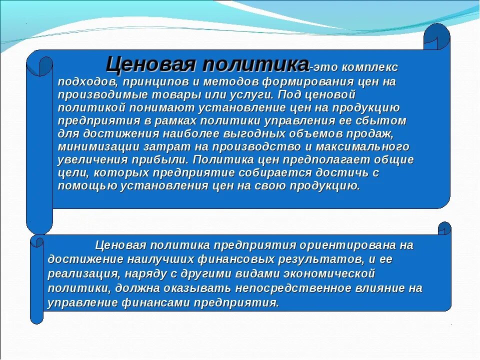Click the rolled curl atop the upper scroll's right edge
[x=436, y=36]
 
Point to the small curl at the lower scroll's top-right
[x=444, y=229]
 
